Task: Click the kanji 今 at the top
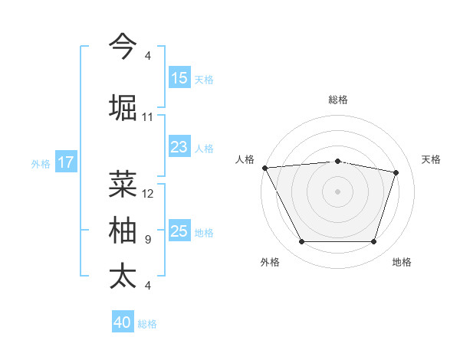point(123,47)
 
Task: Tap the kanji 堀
point(123,106)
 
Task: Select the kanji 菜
point(123,183)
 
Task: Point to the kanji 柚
point(123,231)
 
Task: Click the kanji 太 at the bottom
point(123,277)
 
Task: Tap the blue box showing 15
point(179,78)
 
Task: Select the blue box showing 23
point(179,148)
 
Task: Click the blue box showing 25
point(179,232)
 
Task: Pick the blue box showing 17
point(66,162)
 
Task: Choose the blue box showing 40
point(123,323)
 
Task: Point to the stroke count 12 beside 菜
point(148,194)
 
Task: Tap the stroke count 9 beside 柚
point(147,240)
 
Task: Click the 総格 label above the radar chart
point(338,100)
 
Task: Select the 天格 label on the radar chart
point(432,159)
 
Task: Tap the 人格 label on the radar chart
point(245,159)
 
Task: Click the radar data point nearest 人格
point(264,168)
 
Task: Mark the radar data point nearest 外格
point(301,242)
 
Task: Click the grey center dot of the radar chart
point(338,191)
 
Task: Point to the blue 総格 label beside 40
point(148,324)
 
